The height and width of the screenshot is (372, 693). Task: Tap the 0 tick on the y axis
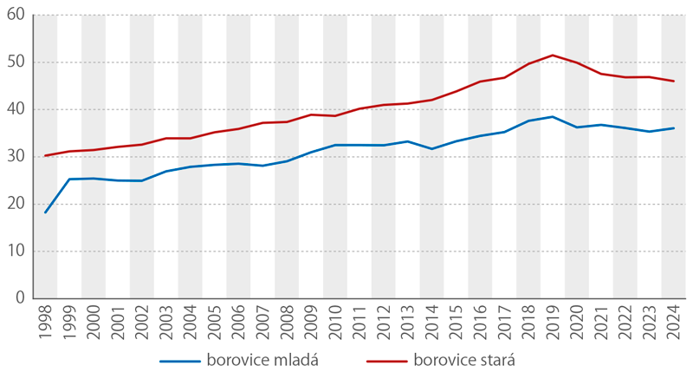pyautogui.click(x=20, y=298)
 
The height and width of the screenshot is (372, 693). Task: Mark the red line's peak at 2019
pyautogui.click(x=553, y=55)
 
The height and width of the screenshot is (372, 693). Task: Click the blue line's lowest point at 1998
pyautogui.click(x=45, y=212)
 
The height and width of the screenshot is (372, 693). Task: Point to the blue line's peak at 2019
pyautogui.click(x=553, y=117)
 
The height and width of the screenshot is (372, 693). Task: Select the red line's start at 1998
pyautogui.click(x=45, y=156)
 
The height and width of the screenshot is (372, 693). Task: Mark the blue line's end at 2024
pyautogui.click(x=674, y=128)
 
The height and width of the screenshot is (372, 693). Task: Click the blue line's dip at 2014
pyautogui.click(x=432, y=149)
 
